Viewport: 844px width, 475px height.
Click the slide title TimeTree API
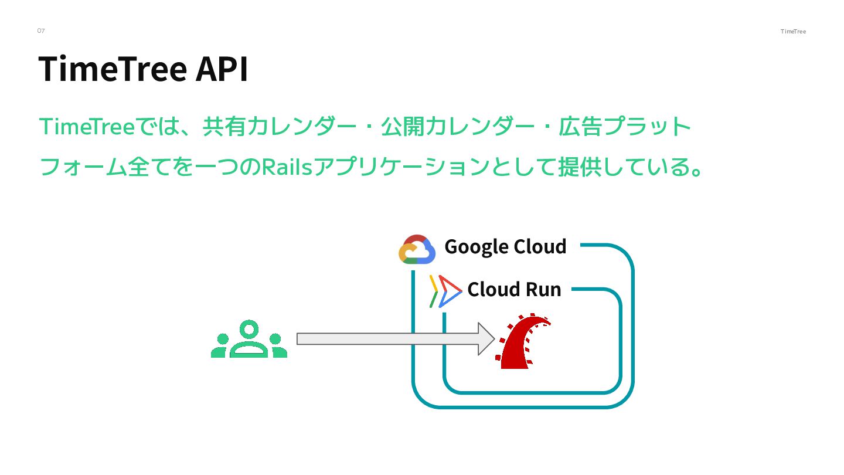144,69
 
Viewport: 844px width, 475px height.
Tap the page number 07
41,30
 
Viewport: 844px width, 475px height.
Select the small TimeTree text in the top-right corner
793,32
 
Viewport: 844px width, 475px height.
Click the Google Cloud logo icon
417,250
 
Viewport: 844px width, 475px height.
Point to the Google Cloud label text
505,246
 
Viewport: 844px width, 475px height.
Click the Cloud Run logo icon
445,291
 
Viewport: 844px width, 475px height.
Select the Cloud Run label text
514,289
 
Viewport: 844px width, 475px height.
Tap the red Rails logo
524,343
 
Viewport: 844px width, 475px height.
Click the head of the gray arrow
486,339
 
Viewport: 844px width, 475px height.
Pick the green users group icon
249,340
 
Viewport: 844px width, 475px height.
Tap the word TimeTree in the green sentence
87,127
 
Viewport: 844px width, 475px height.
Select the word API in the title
222,69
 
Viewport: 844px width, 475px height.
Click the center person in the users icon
249,338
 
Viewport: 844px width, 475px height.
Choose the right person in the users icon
276,346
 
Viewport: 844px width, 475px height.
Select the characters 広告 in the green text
580,127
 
